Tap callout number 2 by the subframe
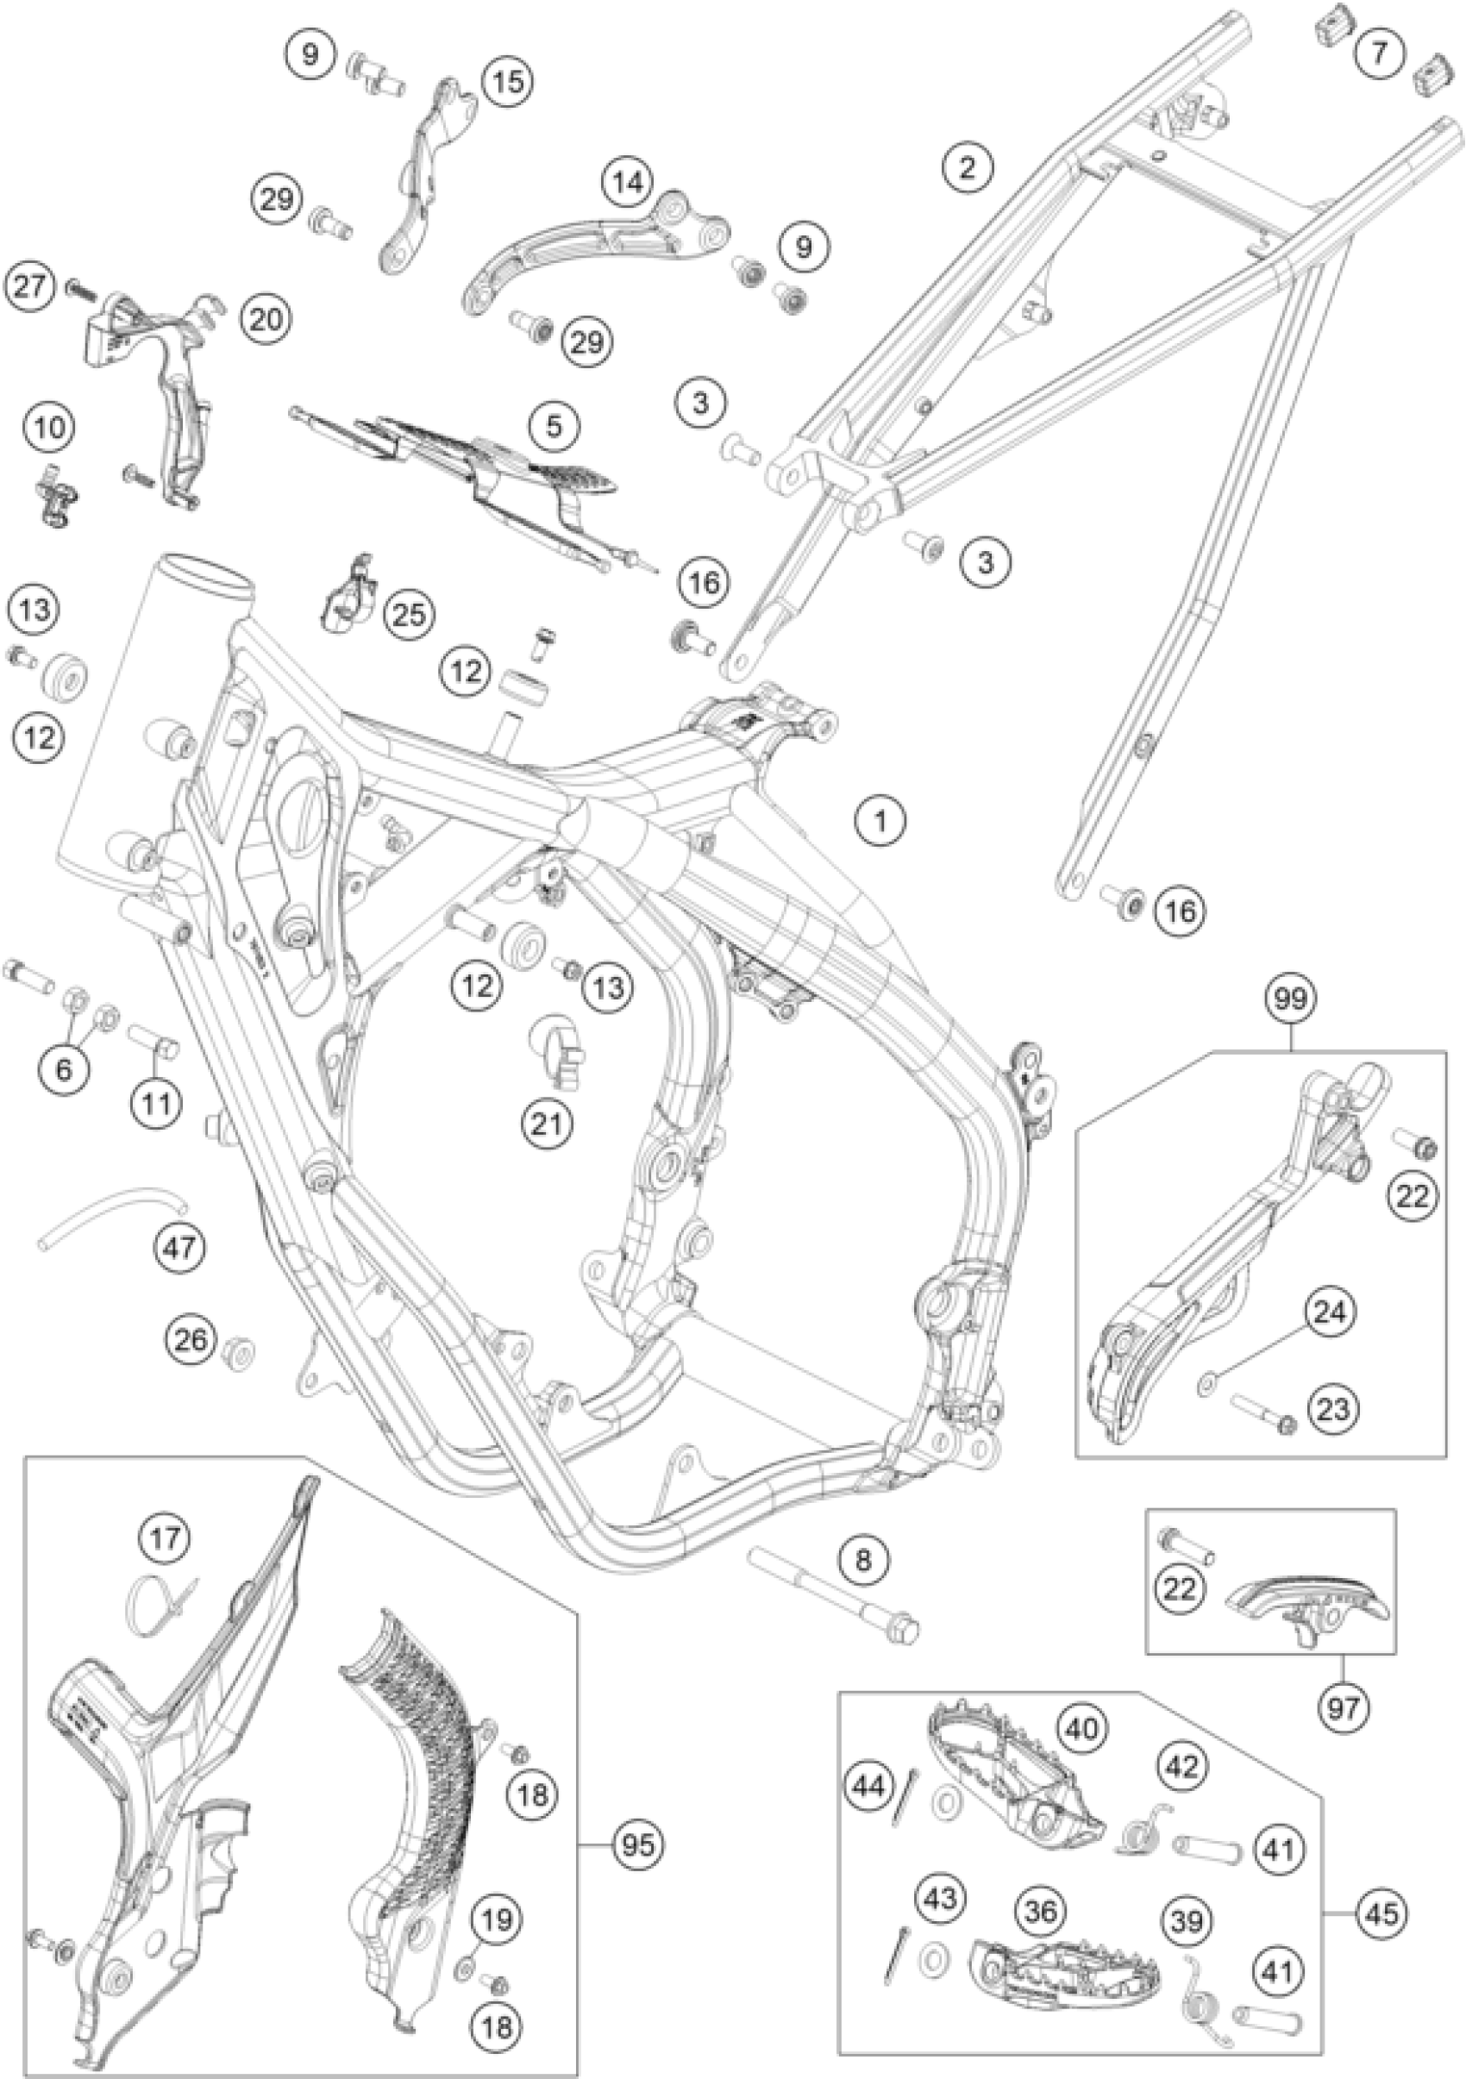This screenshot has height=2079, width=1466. click(x=967, y=166)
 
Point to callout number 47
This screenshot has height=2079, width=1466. click(x=179, y=1248)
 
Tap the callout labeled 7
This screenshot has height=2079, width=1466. click(x=1379, y=53)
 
